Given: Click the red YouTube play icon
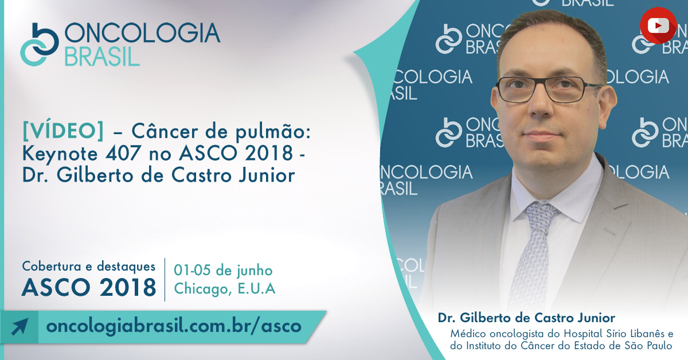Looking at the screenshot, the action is click(658, 25).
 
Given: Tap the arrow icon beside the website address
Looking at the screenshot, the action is click(19, 327).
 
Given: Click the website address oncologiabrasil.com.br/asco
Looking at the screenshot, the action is click(174, 326).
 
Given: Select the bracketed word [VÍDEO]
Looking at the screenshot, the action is click(63, 131).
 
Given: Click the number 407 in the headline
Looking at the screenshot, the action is click(123, 152).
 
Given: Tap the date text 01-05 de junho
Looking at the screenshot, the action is click(223, 271).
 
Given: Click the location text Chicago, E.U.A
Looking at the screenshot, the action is click(225, 289).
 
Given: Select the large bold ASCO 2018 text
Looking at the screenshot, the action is click(89, 288).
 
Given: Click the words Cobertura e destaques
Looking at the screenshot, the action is click(89, 267).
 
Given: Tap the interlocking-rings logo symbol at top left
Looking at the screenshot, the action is click(40, 45).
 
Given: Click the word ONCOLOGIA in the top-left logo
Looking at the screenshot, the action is click(142, 33).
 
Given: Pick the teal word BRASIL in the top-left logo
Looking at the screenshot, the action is click(102, 57).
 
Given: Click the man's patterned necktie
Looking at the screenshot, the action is click(533, 255).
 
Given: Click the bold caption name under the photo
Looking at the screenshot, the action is click(526, 318).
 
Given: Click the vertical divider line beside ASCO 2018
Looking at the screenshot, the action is click(165, 280).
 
